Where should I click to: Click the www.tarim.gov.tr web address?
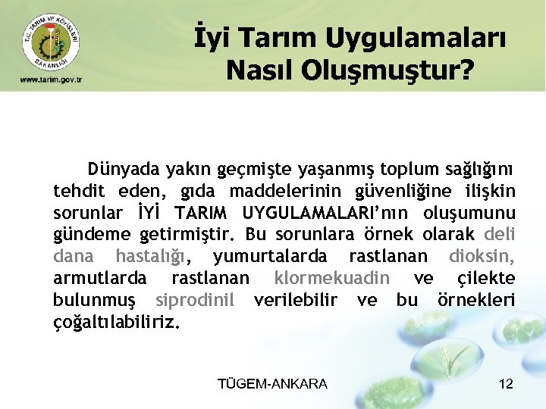pos(51,80)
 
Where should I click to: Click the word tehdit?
pos(79,190)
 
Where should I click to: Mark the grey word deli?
pos(498,234)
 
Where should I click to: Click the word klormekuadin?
pos(332,278)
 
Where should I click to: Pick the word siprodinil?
pos(194,300)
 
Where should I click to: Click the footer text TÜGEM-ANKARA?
pos(272,384)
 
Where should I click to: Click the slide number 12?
pos(506,384)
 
